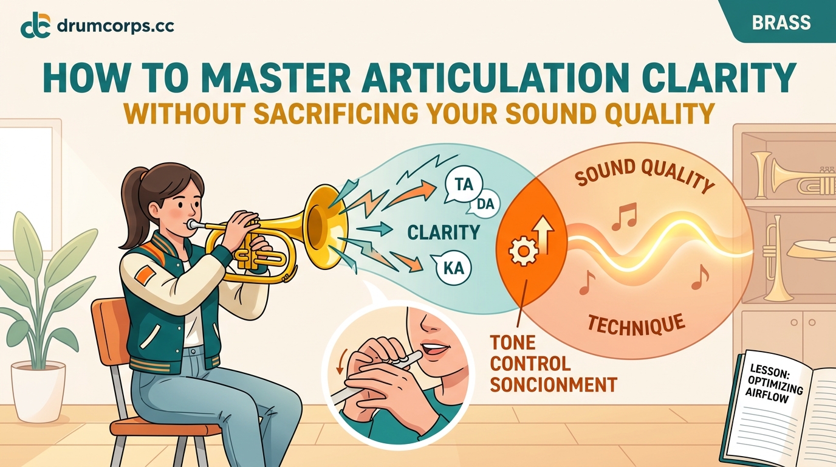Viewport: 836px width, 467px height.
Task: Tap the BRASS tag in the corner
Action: pos(781,22)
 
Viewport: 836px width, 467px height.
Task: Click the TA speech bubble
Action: pos(463,184)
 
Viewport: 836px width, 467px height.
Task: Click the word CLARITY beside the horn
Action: pos(444,232)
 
